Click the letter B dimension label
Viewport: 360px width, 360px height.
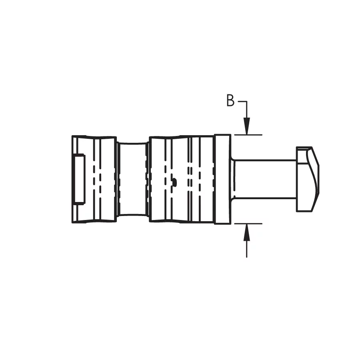click(x=230, y=100)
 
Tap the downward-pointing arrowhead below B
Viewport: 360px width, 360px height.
click(x=246, y=126)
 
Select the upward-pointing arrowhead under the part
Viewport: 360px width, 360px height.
click(x=246, y=232)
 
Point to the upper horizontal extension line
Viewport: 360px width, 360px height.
click(x=248, y=135)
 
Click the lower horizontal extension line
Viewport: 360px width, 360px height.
click(x=248, y=223)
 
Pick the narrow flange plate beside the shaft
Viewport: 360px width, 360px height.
click(x=222, y=179)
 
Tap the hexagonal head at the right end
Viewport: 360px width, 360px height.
click(x=308, y=179)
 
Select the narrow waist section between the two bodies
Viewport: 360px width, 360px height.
click(x=133, y=179)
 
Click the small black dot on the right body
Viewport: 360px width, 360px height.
click(x=175, y=182)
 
